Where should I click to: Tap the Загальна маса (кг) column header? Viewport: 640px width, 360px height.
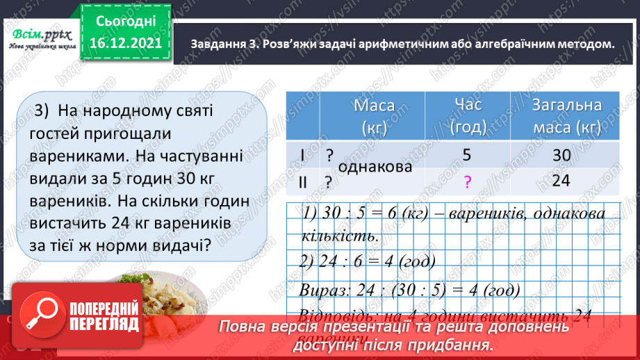click(565, 116)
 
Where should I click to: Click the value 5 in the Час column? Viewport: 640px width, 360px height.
click(467, 156)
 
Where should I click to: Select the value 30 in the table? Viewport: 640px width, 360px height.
click(561, 156)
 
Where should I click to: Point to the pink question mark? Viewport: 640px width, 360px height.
click(467, 183)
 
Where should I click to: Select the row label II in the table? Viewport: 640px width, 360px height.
click(304, 182)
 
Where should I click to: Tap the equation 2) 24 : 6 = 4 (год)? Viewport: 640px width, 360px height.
click(368, 261)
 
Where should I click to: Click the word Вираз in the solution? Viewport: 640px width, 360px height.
click(322, 288)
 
